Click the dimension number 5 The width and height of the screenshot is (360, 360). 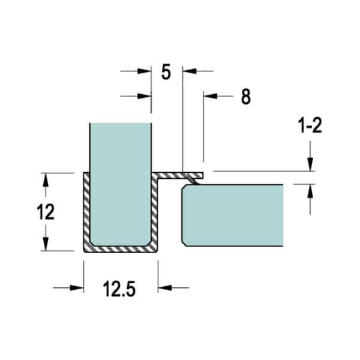click(x=166, y=72)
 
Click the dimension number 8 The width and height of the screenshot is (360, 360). click(x=246, y=97)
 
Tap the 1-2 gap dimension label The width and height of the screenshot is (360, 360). click(x=310, y=125)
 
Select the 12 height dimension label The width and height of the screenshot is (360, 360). click(x=46, y=212)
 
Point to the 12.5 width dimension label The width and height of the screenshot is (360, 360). click(x=119, y=289)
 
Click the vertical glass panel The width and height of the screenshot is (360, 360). click(x=121, y=184)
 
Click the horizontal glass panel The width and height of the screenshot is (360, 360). click(x=232, y=215)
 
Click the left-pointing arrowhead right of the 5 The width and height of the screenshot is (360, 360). click(x=190, y=71)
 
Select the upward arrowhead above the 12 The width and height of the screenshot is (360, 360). click(x=46, y=179)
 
